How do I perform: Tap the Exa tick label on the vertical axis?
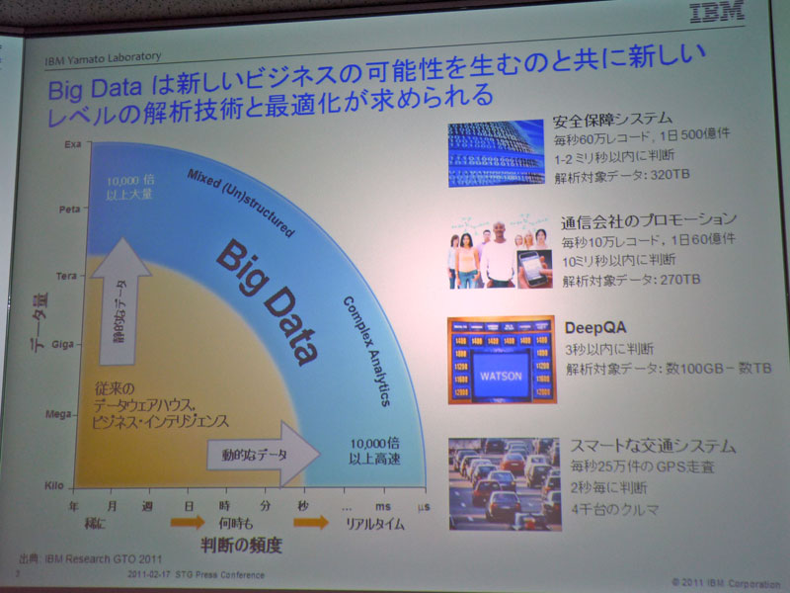click(x=72, y=144)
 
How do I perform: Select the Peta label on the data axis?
click(x=70, y=210)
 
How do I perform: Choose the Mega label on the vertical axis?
click(x=60, y=415)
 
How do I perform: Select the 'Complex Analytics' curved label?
click(x=366, y=350)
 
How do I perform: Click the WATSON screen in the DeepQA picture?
click(x=500, y=377)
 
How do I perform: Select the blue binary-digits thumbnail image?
click(x=496, y=153)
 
